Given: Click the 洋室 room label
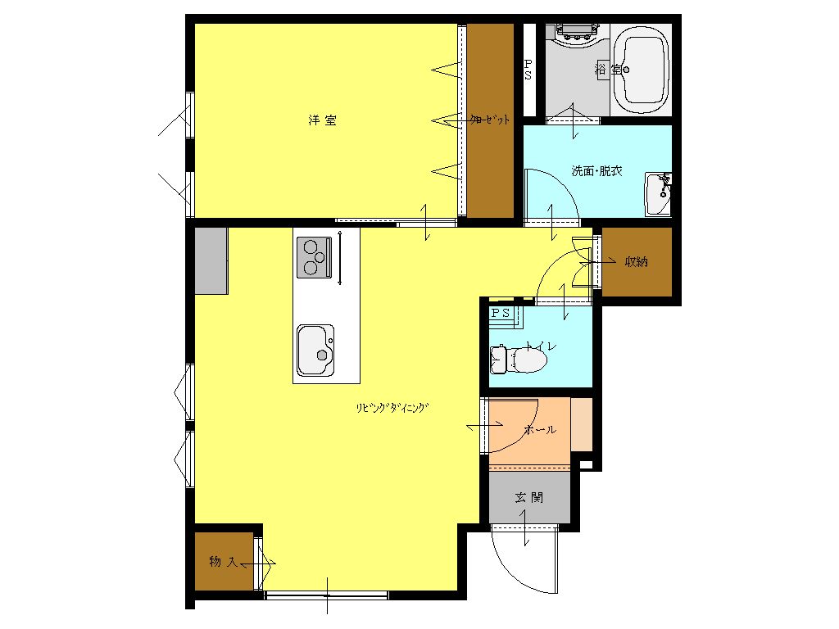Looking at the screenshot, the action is click(x=323, y=120).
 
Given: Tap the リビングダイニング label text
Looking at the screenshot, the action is click(x=392, y=408).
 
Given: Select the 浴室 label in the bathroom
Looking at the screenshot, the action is click(x=609, y=69).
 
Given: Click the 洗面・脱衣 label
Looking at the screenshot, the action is click(x=596, y=171).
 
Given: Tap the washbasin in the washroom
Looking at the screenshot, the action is click(x=658, y=193).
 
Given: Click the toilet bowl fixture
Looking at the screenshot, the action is click(x=519, y=360).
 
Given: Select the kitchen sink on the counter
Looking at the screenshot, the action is click(x=315, y=351).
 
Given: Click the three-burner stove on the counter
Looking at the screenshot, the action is click(x=314, y=257).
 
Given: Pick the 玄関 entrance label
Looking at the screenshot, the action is click(x=528, y=498).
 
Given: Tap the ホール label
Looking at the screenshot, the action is click(x=541, y=429).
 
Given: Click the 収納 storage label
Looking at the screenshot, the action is click(x=636, y=261).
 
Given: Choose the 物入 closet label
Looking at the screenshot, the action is click(x=223, y=562).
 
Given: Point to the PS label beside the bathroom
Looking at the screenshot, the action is click(x=528, y=70).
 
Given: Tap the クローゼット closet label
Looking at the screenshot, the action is click(x=490, y=120).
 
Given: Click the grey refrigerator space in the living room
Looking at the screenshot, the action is click(x=211, y=260).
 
